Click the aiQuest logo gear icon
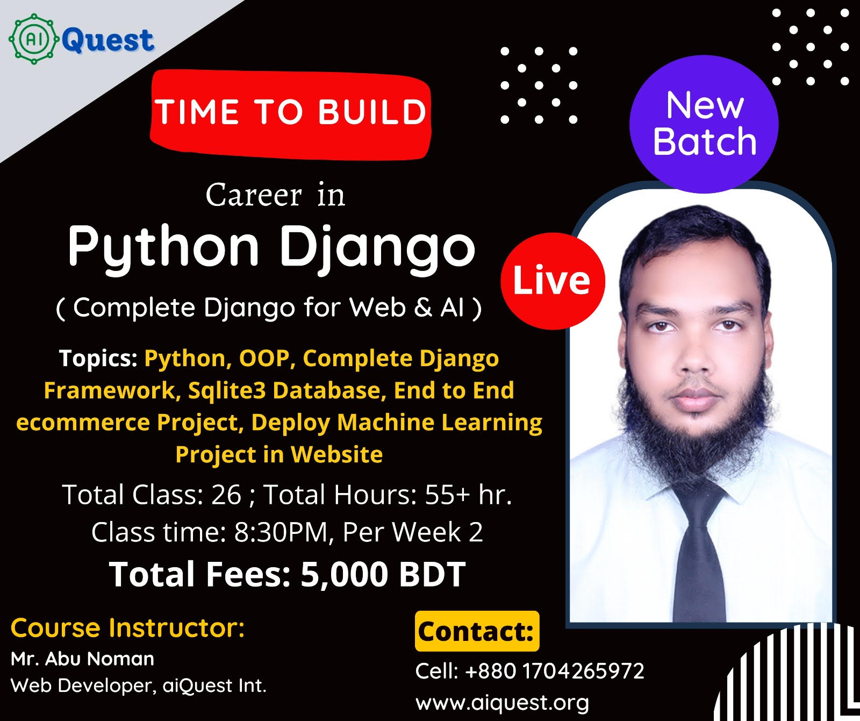pos(34,39)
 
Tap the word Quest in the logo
pos(108,40)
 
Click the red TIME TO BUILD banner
pos(291,114)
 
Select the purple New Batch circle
pos(704,124)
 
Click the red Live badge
pos(553,281)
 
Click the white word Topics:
pos(98,359)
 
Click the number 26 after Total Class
pos(226,495)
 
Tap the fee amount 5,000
pos(344,575)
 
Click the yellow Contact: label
pos(477,631)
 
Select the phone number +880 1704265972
pos(554,671)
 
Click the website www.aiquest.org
pos(502,702)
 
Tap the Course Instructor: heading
pos(127,627)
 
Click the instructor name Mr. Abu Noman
pos(82,659)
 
